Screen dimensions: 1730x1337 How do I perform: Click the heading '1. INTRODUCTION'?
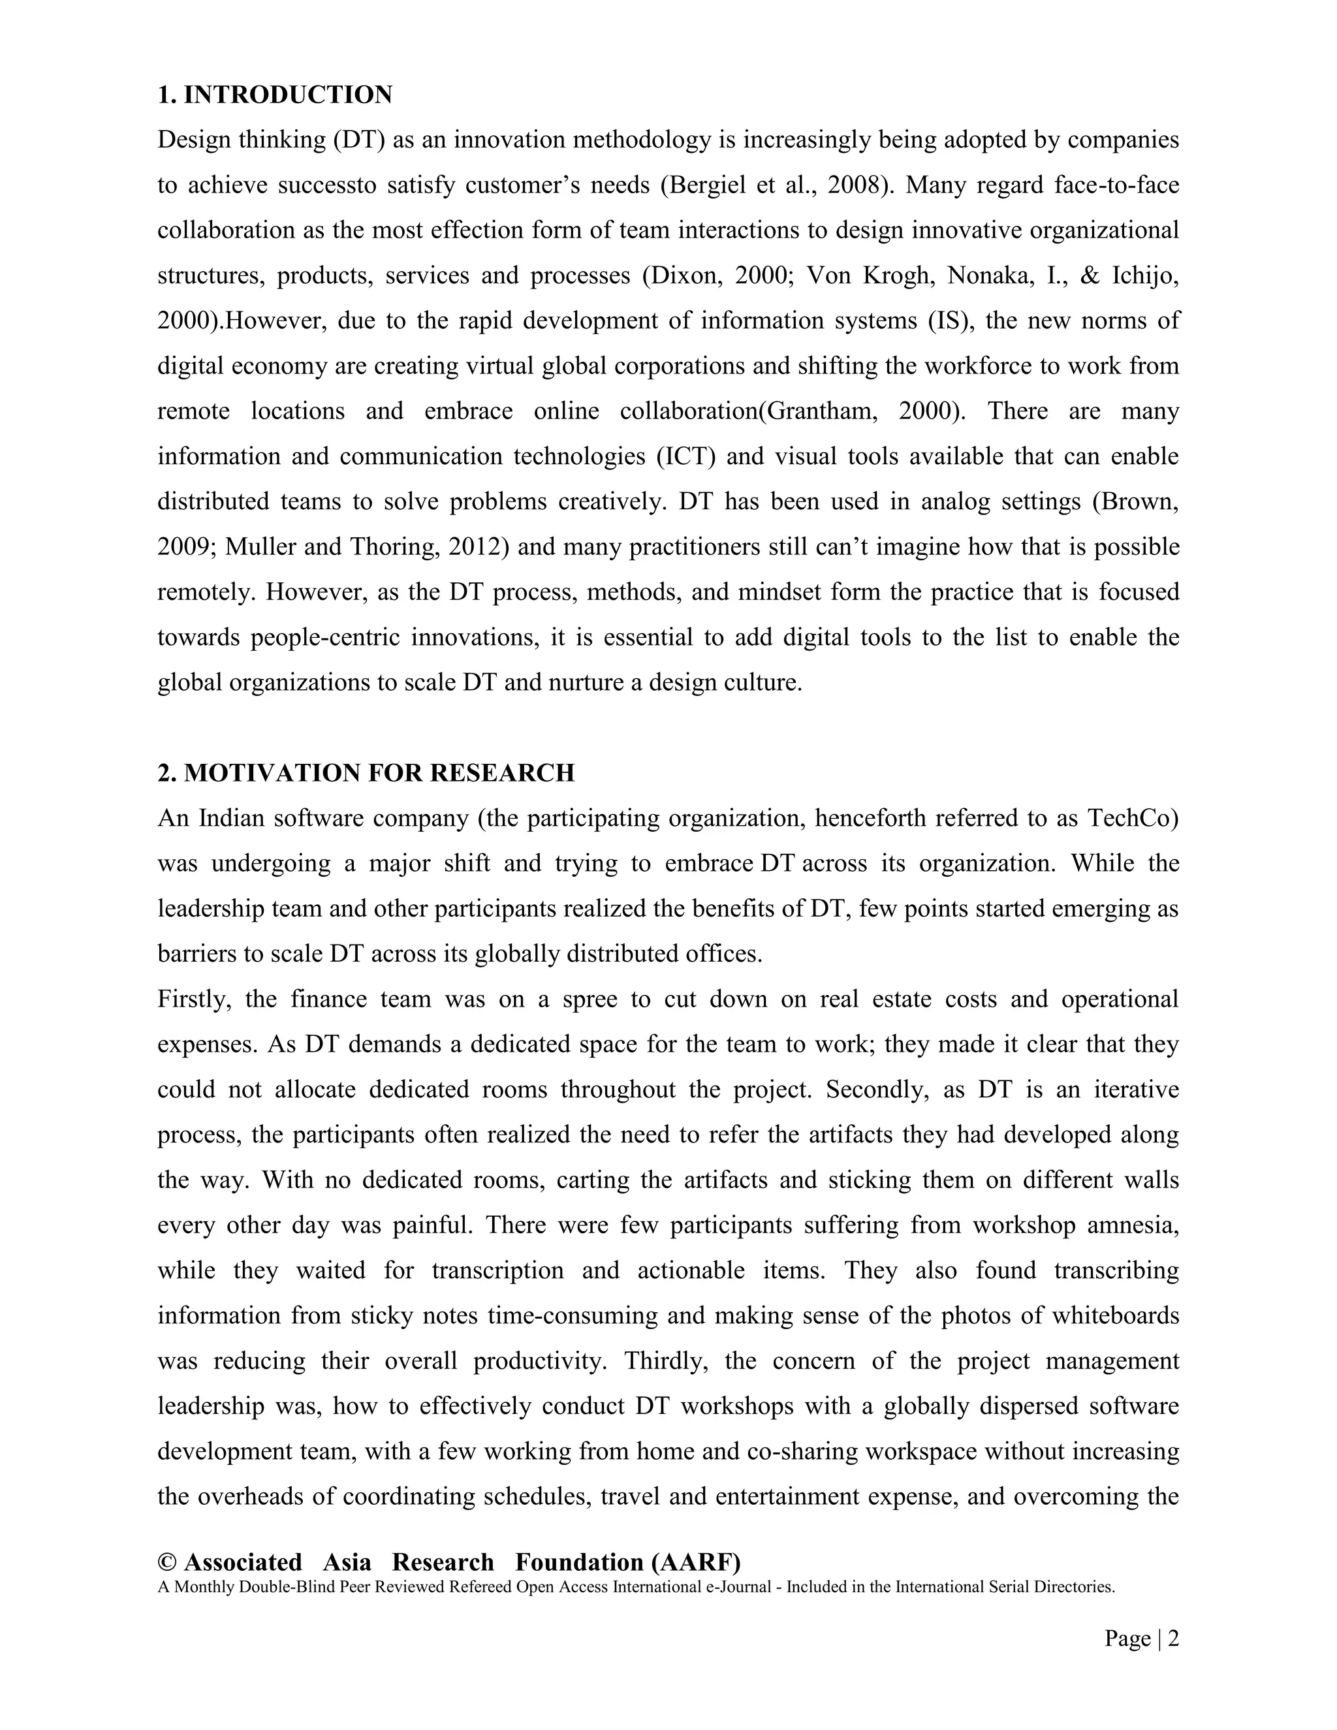click(x=274, y=95)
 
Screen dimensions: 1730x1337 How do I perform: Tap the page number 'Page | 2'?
click(x=1141, y=1638)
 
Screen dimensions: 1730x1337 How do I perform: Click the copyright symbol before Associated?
click(x=166, y=1563)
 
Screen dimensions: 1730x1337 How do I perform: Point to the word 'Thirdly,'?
click(x=664, y=1361)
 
